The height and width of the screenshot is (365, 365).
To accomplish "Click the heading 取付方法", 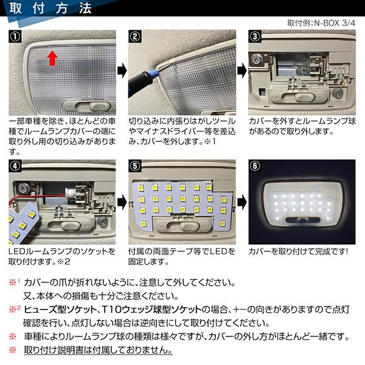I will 51,9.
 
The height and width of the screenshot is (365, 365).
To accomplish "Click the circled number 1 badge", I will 16,35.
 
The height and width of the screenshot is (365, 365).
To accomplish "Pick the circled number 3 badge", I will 255,35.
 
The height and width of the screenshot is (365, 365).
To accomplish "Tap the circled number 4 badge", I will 16,166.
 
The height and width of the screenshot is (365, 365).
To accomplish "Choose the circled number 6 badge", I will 255,166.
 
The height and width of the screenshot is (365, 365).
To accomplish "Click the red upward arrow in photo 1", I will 52,58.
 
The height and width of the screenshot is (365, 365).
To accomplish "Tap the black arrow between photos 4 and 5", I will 121,200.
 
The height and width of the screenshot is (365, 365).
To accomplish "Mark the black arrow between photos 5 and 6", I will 241,200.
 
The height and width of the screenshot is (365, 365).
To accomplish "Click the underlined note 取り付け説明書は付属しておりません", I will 98,351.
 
